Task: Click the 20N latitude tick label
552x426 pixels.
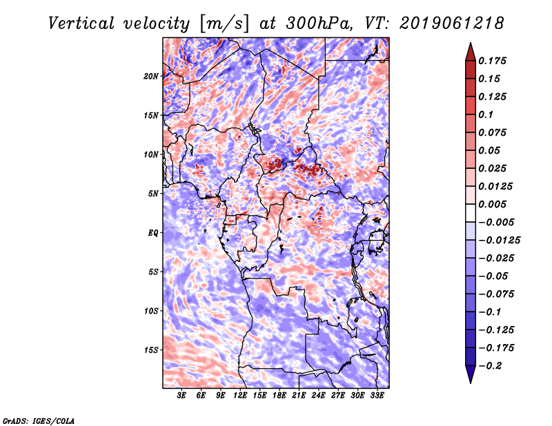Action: (x=151, y=76)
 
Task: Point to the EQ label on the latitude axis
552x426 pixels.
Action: (x=153, y=233)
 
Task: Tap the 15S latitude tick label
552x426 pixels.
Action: (x=151, y=350)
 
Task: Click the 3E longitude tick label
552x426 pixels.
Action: (x=182, y=396)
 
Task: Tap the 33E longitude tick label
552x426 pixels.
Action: (x=377, y=396)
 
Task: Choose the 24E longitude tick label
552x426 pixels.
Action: (x=319, y=396)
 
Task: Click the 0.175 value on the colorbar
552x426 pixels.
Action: (x=493, y=61)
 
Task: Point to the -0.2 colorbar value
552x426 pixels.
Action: (x=491, y=365)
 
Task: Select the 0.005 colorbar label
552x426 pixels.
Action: (x=493, y=204)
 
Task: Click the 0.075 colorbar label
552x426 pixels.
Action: (x=493, y=132)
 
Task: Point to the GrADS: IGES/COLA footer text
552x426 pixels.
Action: (x=38, y=420)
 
